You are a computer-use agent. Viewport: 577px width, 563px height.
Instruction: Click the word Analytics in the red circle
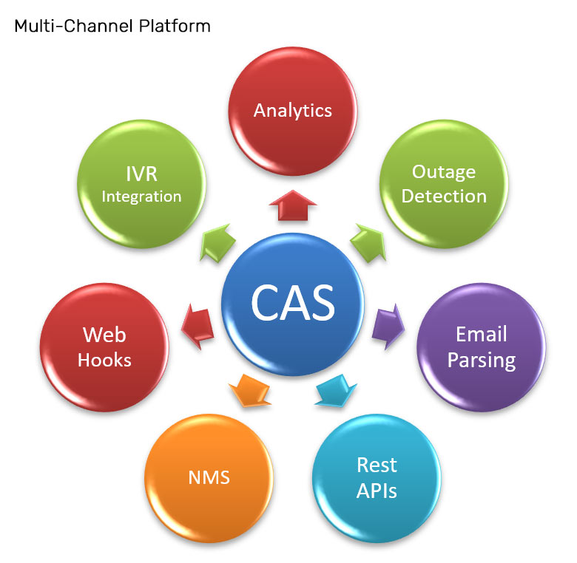tap(292, 111)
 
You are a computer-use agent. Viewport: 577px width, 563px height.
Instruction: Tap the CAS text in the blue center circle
tap(293, 303)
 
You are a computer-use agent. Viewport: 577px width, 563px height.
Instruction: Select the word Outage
tap(444, 172)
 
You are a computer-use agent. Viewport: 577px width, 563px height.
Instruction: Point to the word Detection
tap(444, 197)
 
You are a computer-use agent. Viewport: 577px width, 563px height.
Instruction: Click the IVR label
tap(142, 174)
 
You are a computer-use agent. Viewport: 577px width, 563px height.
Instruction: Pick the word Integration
tap(142, 197)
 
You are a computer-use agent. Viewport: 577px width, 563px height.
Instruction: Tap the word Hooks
tap(104, 360)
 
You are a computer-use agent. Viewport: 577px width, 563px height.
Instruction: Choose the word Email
tap(482, 335)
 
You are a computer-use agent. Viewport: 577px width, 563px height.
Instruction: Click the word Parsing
tap(482, 361)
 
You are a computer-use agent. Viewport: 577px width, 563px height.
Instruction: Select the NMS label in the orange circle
tap(209, 478)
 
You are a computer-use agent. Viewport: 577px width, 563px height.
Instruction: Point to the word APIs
tap(377, 491)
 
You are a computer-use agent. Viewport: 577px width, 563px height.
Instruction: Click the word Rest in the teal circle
tap(377, 465)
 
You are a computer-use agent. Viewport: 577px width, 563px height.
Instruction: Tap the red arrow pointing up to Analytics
tap(292, 206)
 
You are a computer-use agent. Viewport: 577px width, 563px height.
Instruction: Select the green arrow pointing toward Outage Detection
tap(368, 243)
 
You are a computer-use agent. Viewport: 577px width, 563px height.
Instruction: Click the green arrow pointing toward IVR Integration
tap(217, 243)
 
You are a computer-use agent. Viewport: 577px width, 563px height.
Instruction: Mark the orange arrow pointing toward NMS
tap(250, 391)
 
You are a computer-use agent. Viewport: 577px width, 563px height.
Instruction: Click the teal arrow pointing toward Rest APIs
tap(336, 391)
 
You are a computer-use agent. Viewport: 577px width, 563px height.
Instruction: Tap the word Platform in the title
tap(175, 26)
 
